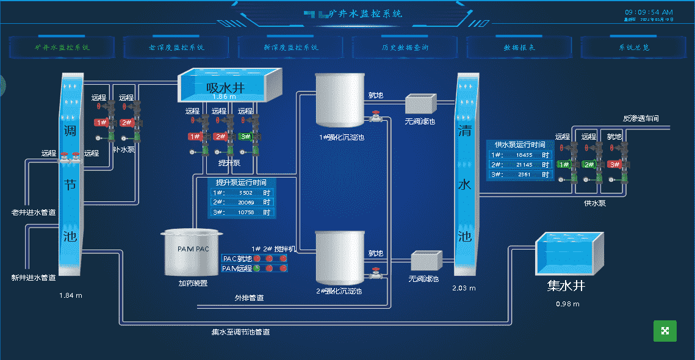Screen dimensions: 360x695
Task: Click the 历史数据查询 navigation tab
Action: pyautogui.click(x=405, y=47)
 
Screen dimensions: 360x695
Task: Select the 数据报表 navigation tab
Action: pyautogui.click(x=519, y=47)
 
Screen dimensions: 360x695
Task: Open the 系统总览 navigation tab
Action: pyautogui.click(x=633, y=47)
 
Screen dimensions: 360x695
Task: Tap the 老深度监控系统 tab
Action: pyautogui.click(x=176, y=47)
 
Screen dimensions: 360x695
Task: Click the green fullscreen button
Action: pyautogui.click(x=665, y=331)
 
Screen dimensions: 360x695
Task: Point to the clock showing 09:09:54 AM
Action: pyautogui.click(x=649, y=12)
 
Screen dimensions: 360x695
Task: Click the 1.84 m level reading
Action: pyautogui.click(x=71, y=295)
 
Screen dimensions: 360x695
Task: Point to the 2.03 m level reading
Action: pyautogui.click(x=464, y=288)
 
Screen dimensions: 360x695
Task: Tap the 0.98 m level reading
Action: pyautogui.click(x=567, y=304)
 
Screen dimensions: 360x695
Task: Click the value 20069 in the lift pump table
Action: pyautogui.click(x=247, y=203)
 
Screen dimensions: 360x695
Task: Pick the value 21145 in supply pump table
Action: pyautogui.click(x=524, y=165)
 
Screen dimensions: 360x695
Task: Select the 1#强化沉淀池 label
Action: pyautogui.click(x=342, y=138)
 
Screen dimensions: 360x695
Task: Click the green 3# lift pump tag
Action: pyautogui.click(x=245, y=137)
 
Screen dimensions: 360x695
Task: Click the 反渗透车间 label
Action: pyautogui.click(x=641, y=118)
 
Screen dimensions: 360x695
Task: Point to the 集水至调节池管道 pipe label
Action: pyautogui.click(x=240, y=333)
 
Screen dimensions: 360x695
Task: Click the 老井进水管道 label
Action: pyautogui.click(x=34, y=213)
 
